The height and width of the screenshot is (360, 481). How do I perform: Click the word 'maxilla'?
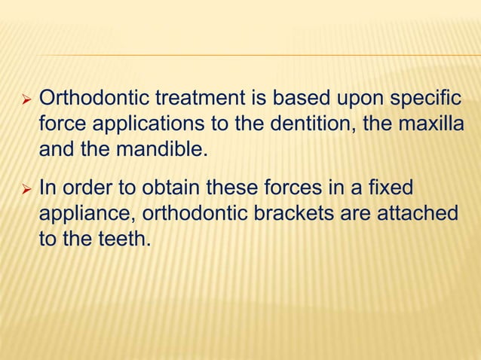(427, 123)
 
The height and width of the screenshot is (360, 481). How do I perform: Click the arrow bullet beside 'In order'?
(22, 187)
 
